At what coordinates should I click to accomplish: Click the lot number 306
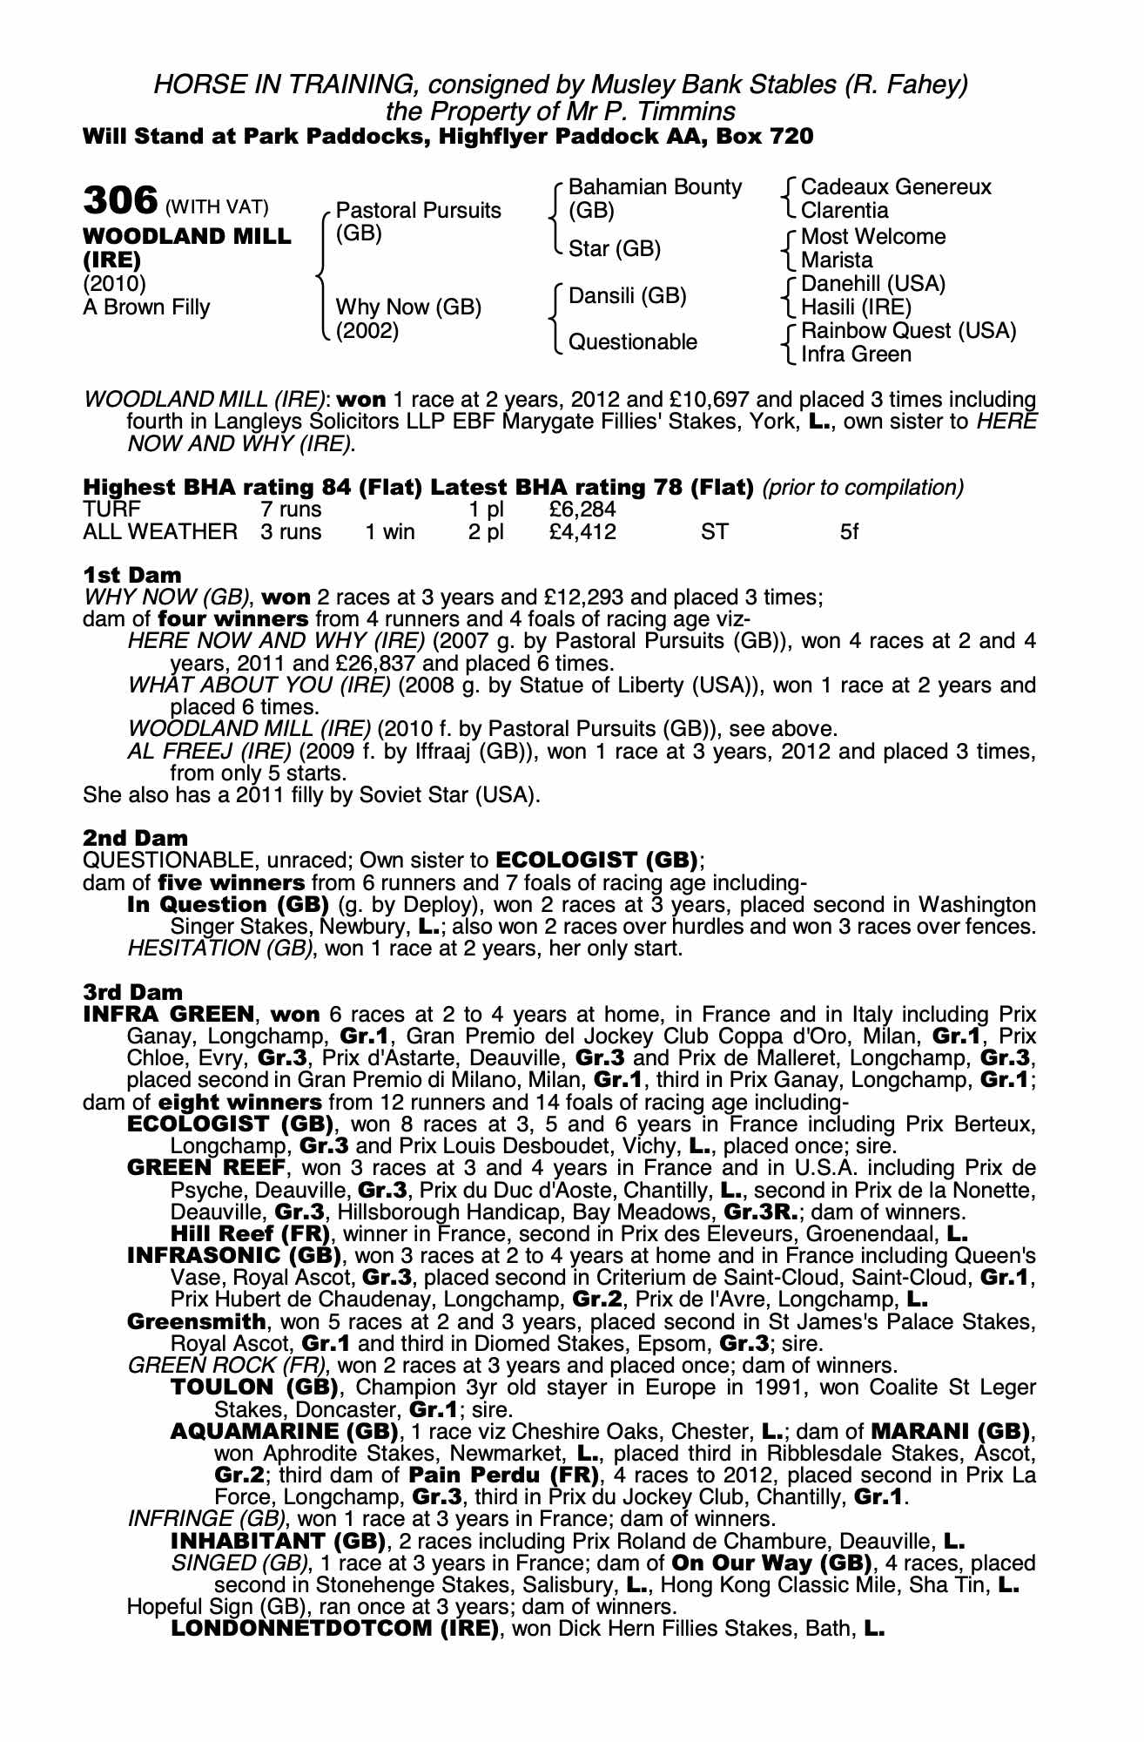coord(119,200)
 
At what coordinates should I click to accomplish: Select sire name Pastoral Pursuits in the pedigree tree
coord(418,210)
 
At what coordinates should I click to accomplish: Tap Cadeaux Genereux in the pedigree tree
coord(895,187)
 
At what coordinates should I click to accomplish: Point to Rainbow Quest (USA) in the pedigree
coord(908,331)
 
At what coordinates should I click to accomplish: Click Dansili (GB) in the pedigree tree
coord(627,295)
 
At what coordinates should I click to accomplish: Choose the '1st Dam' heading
coord(132,575)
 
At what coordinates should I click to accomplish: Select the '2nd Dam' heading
coord(135,838)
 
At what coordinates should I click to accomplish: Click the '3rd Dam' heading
coord(133,992)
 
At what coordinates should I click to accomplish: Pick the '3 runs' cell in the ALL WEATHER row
coord(291,531)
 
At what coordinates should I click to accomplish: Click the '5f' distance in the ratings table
coord(849,531)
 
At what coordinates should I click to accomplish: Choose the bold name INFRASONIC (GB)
coord(233,1256)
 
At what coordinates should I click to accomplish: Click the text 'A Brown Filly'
coord(146,307)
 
